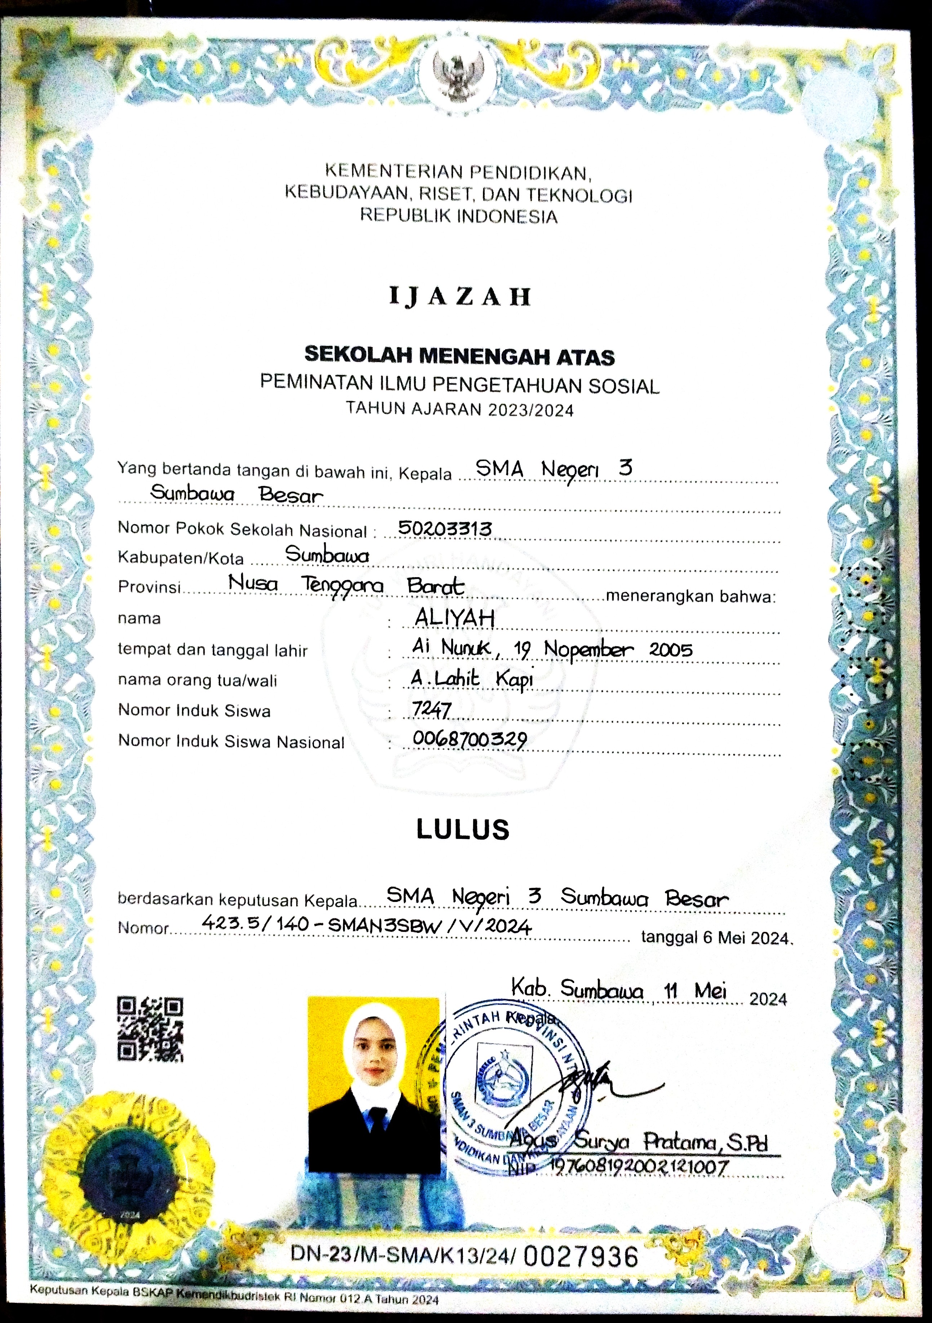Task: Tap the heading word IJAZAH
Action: (x=460, y=297)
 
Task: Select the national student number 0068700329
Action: (x=470, y=740)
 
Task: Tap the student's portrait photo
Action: (x=373, y=1084)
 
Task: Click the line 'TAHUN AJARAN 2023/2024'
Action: (x=460, y=409)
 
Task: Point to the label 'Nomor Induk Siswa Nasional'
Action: (x=231, y=742)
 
